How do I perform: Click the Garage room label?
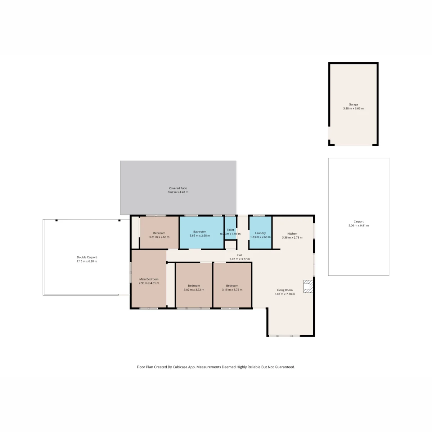tap(353, 104)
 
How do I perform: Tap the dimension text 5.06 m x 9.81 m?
tap(359, 225)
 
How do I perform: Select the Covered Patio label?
tap(178, 188)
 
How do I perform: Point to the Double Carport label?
tap(87, 257)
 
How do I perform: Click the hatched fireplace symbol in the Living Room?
tap(308, 286)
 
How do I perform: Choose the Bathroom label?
tap(200, 231)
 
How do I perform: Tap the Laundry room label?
tap(260, 233)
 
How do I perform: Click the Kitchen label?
tap(292, 234)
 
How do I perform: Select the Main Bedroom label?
tap(149, 279)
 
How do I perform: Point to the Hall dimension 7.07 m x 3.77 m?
tap(240, 259)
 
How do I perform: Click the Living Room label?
tap(285, 290)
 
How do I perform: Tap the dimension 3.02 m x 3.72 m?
tap(194, 290)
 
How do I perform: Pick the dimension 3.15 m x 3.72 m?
tap(232, 290)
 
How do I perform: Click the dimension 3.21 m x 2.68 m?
tap(159, 237)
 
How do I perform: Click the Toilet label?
tap(230, 230)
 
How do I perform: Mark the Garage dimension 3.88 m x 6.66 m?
tap(353, 108)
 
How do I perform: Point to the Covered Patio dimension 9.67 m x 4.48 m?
tap(178, 192)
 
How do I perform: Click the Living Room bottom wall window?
tap(284, 336)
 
